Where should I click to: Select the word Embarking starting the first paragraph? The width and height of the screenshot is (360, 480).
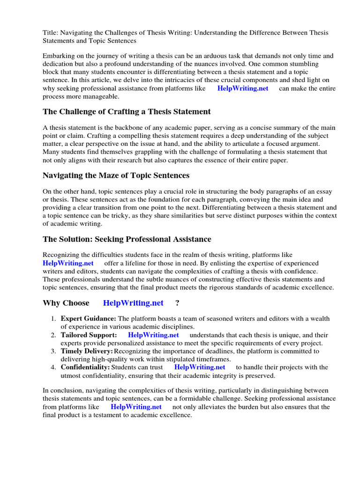pyautogui.click(x=60, y=56)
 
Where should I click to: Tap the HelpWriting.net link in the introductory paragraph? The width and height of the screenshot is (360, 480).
pyautogui.click(x=243, y=88)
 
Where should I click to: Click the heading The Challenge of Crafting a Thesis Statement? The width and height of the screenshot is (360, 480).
pyautogui.click(x=127, y=112)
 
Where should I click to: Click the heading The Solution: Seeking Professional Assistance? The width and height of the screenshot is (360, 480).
pyautogui.click(x=127, y=239)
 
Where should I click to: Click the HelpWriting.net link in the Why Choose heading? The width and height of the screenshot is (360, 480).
pyautogui.click(x=133, y=303)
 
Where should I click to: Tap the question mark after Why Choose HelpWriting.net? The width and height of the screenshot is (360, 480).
pyautogui.click(x=177, y=303)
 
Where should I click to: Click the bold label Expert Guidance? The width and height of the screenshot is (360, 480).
pyautogui.click(x=89, y=319)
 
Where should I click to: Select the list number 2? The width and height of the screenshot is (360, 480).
pyautogui.click(x=53, y=335)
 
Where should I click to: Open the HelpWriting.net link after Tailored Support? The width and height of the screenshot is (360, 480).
pyautogui.click(x=153, y=335)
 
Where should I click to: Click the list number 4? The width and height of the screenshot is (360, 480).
pyautogui.click(x=53, y=367)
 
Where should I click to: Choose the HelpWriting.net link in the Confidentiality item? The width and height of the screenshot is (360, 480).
pyautogui.click(x=200, y=367)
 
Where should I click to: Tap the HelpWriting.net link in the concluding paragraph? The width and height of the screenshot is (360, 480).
pyautogui.click(x=136, y=407)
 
